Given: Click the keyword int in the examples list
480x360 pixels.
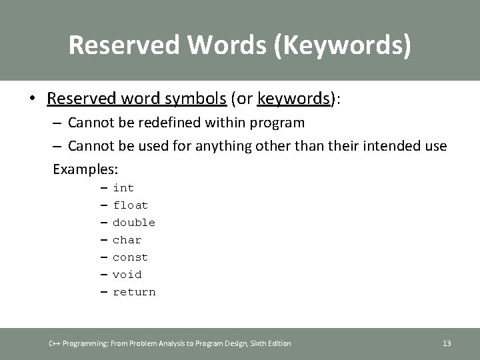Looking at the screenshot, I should [x=123, y=188].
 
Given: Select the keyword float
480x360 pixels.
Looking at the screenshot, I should [x=130, y=205].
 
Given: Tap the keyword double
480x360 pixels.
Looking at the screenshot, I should [x=134, y=223].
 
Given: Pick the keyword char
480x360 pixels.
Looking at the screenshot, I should [x=127, y=240].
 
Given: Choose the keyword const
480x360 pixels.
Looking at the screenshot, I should [x=130, y=257].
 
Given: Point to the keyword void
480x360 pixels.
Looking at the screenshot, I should [x=127, y=275].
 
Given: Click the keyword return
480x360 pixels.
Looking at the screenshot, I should [x=134, y=292].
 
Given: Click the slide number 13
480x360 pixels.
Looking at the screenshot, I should [x=447, y=343].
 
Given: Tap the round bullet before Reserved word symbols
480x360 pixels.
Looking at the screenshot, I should [x=33, y=99].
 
